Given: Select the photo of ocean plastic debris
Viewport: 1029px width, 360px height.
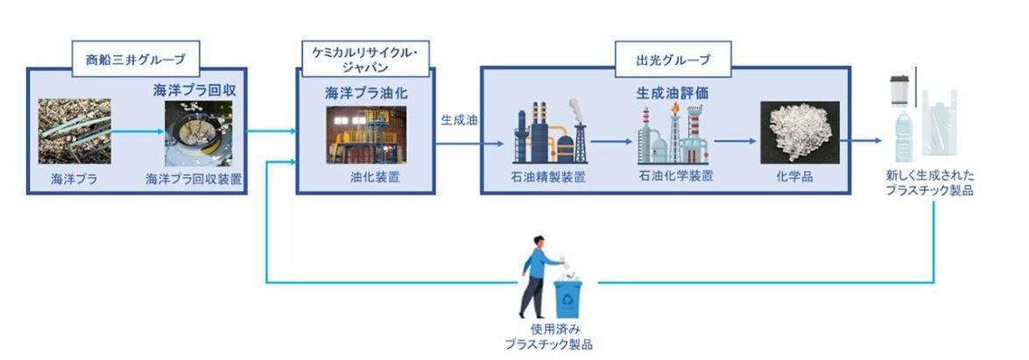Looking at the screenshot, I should click(x=74, y=132).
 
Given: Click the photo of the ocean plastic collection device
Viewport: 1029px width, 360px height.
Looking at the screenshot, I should click(x=199, y=134).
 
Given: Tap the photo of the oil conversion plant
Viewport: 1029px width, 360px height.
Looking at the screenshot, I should click(x=366, y=135).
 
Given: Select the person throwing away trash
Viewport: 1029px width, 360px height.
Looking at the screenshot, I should click(x=536, y=275).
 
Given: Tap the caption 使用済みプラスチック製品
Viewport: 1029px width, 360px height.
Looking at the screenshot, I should click(x=549, y=337).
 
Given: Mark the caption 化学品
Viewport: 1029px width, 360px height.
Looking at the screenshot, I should click(x=797, y=177).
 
